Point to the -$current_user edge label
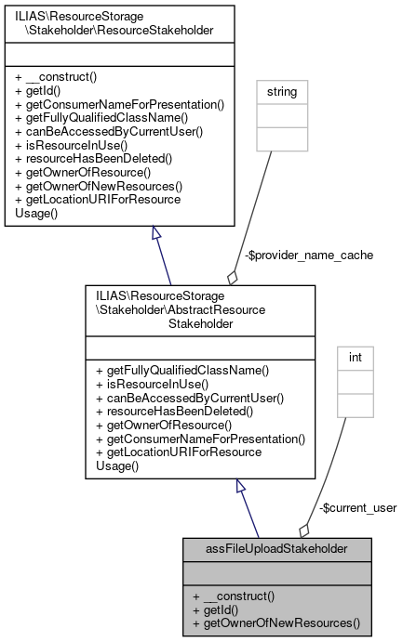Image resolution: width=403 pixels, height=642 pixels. tap(357, 508)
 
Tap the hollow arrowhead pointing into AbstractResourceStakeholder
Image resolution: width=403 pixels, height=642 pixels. tap(241, 486)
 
